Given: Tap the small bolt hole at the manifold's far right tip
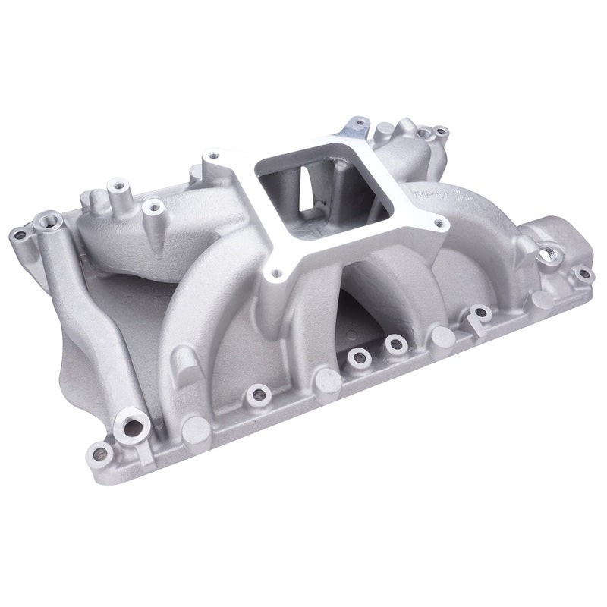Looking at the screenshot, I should pyautogui.click(x=582, y=275).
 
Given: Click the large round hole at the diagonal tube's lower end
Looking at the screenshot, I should pyautogui.click(x=131, y=428).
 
